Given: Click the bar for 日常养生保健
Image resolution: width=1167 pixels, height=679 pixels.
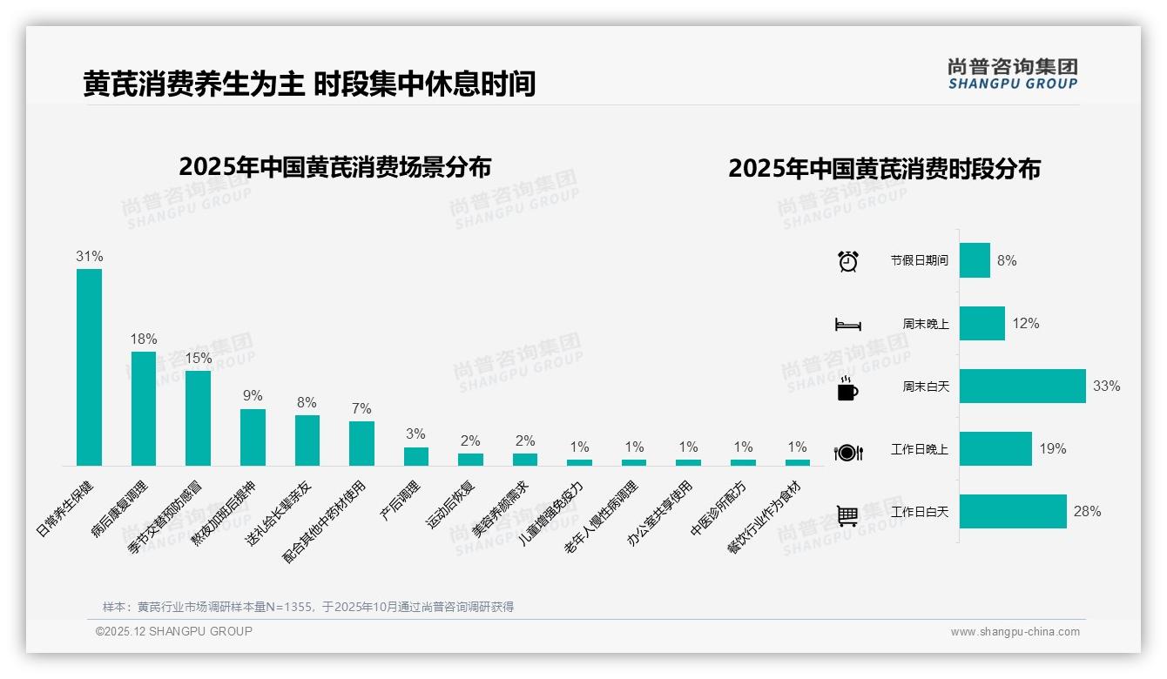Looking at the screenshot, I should pos(89,366).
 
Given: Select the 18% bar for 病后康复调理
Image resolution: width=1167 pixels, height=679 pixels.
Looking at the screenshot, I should pos(144,408).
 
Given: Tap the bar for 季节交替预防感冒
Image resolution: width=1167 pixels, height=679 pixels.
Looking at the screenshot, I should pos(198,418).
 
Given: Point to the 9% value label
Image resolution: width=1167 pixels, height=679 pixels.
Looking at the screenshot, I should pos(253,396).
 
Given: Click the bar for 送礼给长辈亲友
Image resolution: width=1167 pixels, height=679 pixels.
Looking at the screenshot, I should pos(307,440).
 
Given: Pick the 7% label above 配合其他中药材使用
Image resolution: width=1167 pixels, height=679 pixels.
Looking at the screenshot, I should pos(361,409).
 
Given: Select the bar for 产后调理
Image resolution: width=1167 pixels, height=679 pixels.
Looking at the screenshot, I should pos(416,456).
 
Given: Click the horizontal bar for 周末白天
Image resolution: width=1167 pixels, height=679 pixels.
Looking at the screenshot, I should pos(1022,386).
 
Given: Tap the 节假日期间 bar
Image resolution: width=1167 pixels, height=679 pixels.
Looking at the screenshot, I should pos(975,260).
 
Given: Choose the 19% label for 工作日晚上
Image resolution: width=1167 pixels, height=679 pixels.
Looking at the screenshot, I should pos(1052,449).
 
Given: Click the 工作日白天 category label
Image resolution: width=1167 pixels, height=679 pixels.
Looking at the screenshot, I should pos(919,512).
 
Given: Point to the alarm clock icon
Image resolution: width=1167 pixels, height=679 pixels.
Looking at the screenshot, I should pos(847,261).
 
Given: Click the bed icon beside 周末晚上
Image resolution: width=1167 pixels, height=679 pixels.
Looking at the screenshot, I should pos(847,325).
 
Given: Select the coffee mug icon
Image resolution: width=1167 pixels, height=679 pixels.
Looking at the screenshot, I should pos(847,388).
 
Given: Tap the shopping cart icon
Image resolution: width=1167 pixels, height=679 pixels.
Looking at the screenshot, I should pos(847,515).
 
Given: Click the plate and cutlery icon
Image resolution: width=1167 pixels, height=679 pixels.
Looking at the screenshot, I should pos(847,452).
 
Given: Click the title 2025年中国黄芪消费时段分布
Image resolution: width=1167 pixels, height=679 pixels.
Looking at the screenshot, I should pos(884,169).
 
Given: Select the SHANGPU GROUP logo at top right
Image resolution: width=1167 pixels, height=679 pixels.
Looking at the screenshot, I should pos(1012,74).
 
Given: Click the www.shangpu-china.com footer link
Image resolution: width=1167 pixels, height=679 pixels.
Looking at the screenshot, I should pos(1015,632).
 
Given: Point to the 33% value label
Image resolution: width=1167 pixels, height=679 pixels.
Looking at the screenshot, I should pos(1106,387).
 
